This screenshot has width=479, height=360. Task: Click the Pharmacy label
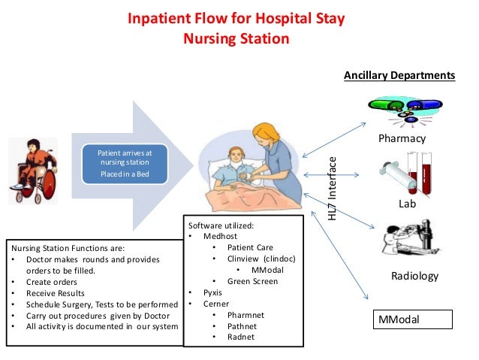point(402,138)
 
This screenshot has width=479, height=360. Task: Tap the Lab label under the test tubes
point(407,204)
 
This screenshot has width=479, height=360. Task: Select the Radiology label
point(414,276)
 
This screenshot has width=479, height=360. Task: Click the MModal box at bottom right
point(414,319)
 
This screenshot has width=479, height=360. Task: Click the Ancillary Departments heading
point(399,76)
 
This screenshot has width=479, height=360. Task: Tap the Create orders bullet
point(46,282)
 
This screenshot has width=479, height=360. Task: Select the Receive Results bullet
point(51,293)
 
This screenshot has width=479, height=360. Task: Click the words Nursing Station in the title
point(236,38)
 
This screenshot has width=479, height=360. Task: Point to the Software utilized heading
point(221,225)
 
